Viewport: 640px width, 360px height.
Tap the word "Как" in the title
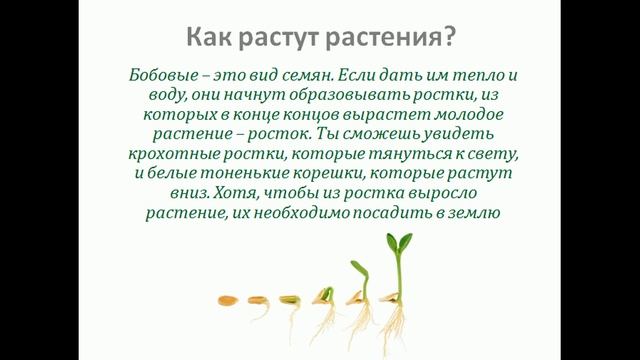pyautogui.click(x=207, y=39)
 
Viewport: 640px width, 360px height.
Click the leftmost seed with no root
pyautogui.click(x=227, y=298)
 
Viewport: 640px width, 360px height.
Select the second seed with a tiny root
pyautogui.click(x=289, y=299)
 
